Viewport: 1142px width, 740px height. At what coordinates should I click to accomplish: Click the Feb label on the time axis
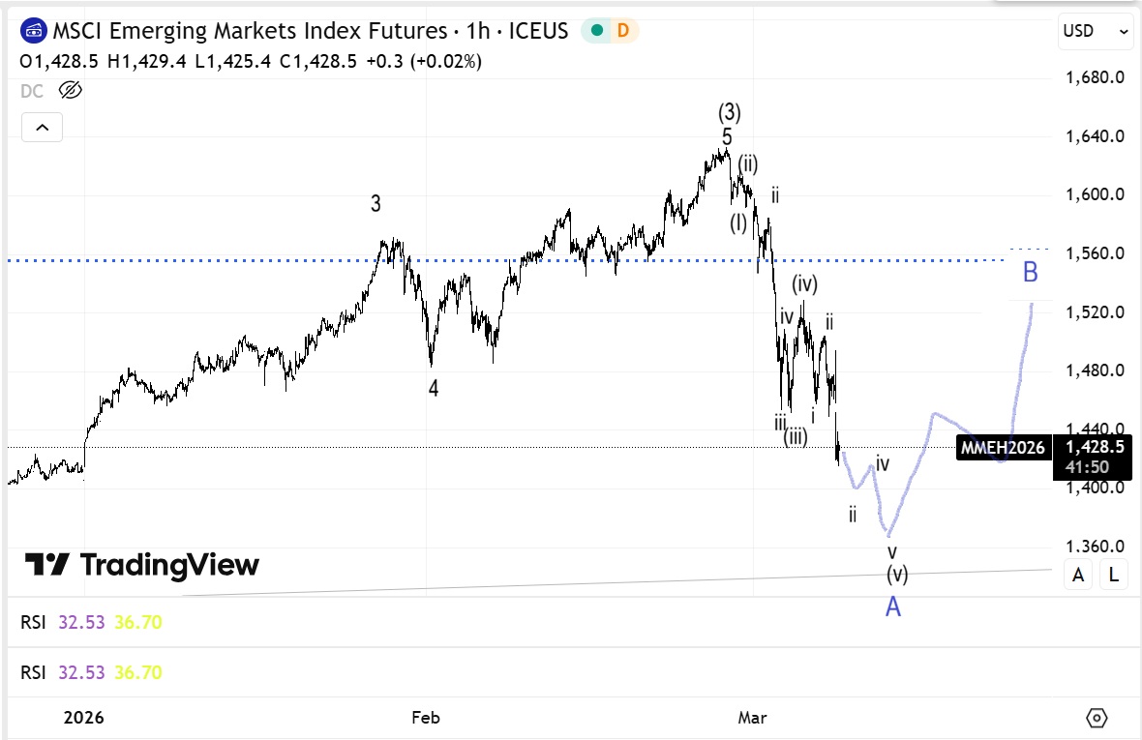pos(426,718)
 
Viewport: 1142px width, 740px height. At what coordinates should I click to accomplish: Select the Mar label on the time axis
pos(752,718)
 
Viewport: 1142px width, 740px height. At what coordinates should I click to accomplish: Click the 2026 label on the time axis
pos(83,718)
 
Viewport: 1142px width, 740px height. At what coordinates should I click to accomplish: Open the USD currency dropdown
pos(1096,31)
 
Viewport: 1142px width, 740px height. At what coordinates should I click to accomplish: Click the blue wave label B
pos(1030,273)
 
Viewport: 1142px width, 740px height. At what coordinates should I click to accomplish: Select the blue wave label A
pos(893,607)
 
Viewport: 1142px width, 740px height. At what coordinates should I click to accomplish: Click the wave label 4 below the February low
pos(434,389)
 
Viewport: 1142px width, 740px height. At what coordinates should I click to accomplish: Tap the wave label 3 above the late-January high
pos(376,204)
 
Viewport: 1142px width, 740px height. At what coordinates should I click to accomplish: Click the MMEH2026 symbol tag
pos(1003,448)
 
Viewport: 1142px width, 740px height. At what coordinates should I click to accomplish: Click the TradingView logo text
pos(169,565)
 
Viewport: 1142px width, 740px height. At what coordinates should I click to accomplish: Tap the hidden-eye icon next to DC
pos(71,91)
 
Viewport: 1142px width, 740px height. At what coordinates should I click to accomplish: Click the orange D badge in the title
pos(622,31)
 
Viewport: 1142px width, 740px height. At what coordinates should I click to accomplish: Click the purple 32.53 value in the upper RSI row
pos(81,622)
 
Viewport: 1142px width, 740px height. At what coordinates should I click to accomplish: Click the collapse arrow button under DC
pos(42,127)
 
